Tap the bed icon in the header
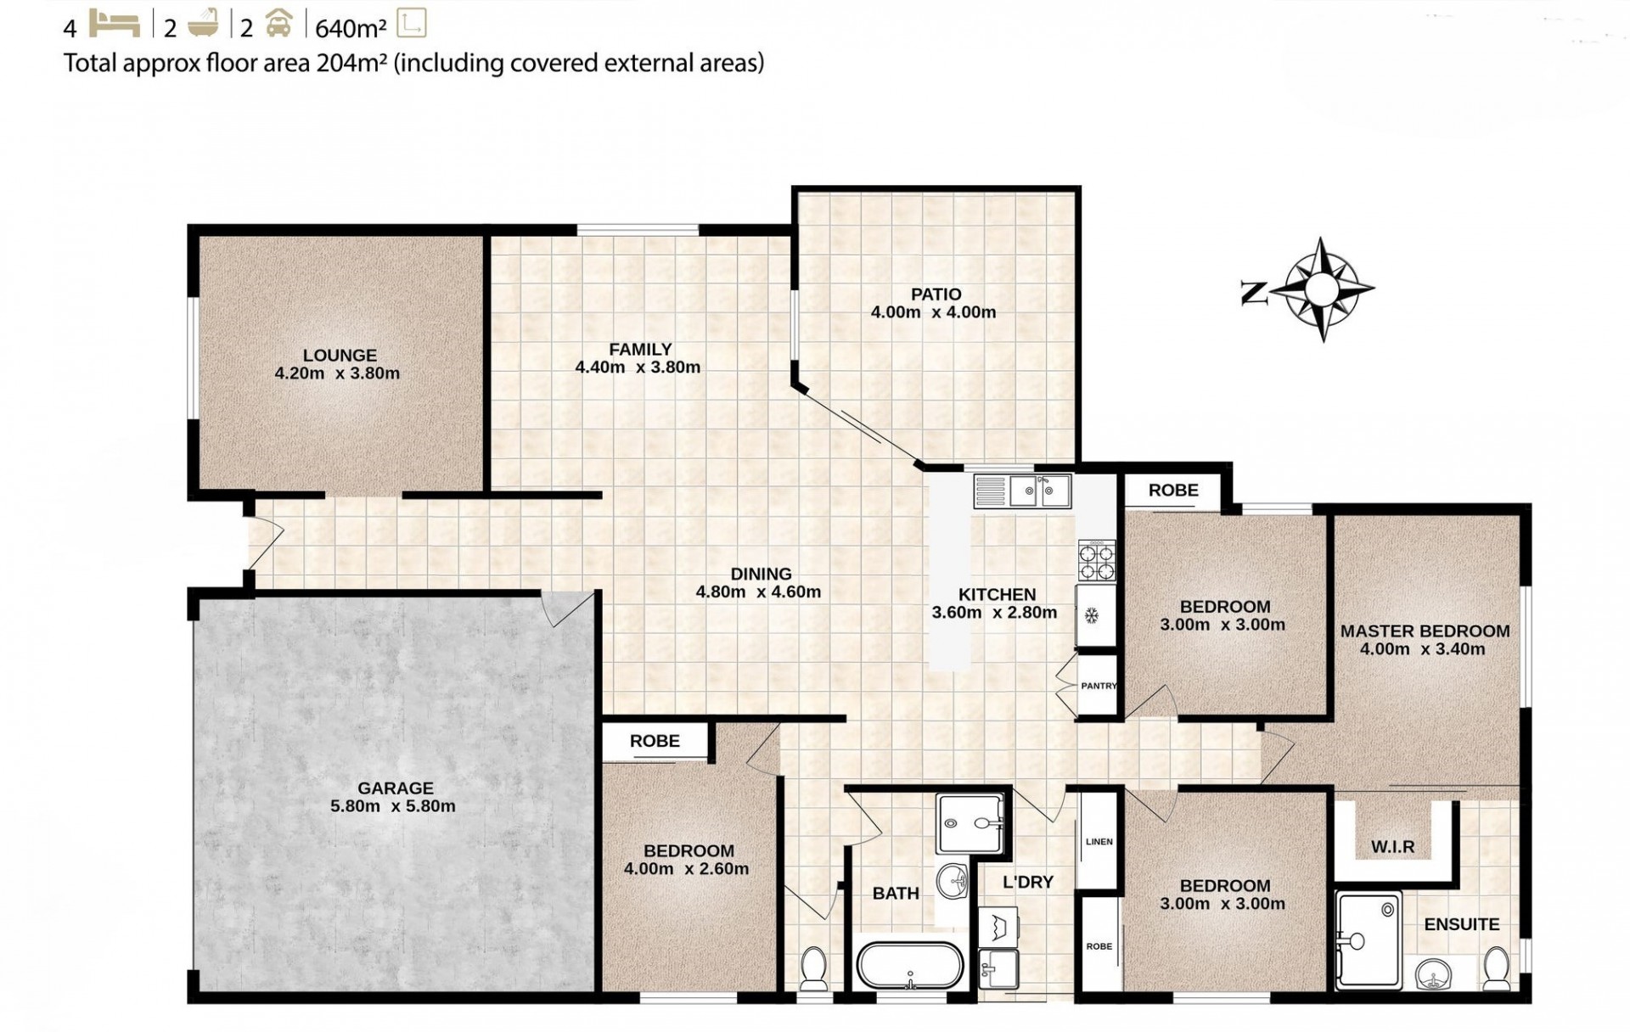pyautogui.click(x=115, y=24)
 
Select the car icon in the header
pyautogui.click(x=278, y=25)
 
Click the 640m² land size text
pyautogui.click(x=351, y=28)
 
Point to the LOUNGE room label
pyautogui.click(x=340, y=356)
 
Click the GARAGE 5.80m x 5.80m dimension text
pyautogui.click(x=393, y=806)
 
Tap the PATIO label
pyautogui.click(x=936, y=294)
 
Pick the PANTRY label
pyautogui.click(x=1099, y=686)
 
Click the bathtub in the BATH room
pyautogui.click(x=910, y=966)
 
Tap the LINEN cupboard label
pyautogui.click(x=1099, y=842)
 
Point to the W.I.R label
pyautogui.click(x=1392, y=847)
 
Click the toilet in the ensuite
pyautogui.click(x=1496, y=968)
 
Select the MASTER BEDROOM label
pyautogui.click(x=1425, y=631)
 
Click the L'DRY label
pyautogui.click(x=1028, y=882)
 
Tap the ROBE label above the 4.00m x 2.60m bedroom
pyautogui.click(x=655, y=741)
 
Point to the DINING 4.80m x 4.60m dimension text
pyautogui.click(x=758, y=592)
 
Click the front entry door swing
pyautogui.click(x=265, y=544)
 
